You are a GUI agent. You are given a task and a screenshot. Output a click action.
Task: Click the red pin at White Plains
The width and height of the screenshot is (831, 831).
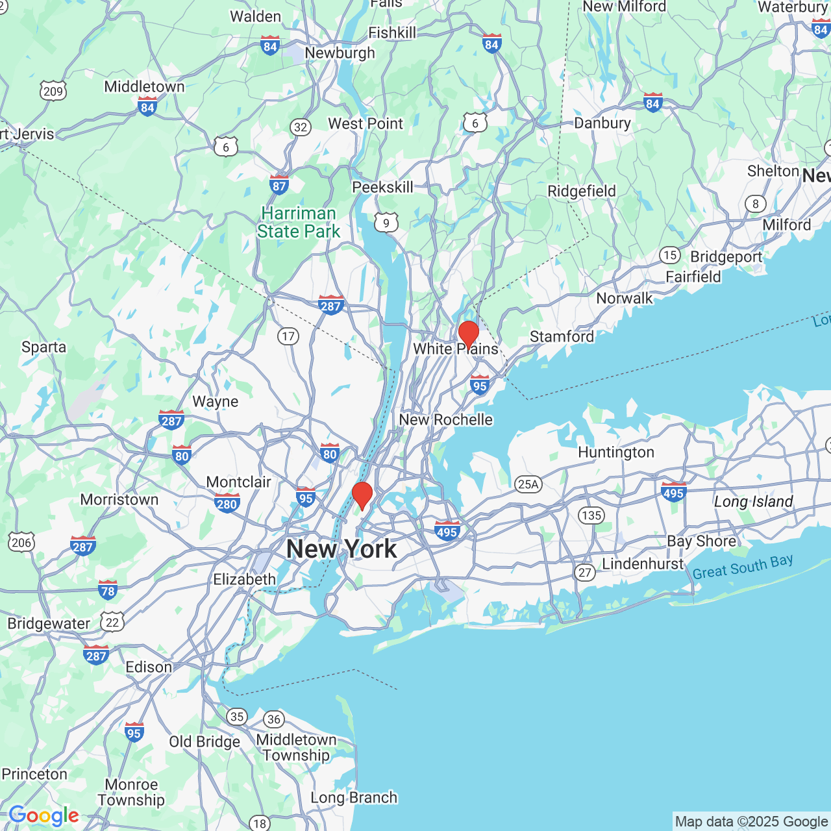(x=469, y=334)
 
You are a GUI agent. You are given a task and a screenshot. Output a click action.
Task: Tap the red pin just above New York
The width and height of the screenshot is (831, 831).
(x=362, y=495)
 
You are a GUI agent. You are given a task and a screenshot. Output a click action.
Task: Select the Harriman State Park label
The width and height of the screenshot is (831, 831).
(x=299, y=223)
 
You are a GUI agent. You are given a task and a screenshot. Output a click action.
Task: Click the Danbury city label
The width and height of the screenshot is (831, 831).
(x=602, y=123)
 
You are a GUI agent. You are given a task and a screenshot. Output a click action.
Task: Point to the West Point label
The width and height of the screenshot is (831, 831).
(x=366, y=123)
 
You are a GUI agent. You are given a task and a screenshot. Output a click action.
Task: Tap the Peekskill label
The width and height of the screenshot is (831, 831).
(x=382, y=187)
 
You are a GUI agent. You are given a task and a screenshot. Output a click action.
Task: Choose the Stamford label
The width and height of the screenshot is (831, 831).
(x=562, y=336)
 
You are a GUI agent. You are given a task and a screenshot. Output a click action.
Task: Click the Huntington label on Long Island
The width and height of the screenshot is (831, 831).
(x=616, y=453)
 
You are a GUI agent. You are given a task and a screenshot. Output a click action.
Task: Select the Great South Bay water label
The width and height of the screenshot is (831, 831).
(x=743, y=567)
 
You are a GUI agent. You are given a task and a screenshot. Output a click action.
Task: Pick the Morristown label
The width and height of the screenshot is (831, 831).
(x=119, y=499)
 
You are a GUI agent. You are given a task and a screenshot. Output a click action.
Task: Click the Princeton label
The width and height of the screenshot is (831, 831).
(x=34, y=774)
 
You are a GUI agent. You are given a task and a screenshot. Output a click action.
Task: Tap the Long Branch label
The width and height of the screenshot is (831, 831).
(x=354, y=797)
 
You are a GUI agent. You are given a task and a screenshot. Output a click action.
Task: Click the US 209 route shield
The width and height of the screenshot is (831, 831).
(x=53, y=91)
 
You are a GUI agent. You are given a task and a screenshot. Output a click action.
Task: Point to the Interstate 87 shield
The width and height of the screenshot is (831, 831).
(x=279, y=184)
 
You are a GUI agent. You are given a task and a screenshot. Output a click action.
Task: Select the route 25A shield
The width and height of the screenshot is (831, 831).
(x=528, y=484)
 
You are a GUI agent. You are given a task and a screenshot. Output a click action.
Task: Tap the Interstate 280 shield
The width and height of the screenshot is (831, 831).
(x=227, y=503)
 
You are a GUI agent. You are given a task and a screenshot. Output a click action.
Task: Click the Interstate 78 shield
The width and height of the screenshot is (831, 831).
(x=108, y=589)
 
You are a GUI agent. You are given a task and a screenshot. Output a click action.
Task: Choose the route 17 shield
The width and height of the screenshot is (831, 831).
(x=288, y=336)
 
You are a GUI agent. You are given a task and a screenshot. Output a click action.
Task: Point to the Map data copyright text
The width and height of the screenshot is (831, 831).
(x=751, y=822)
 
